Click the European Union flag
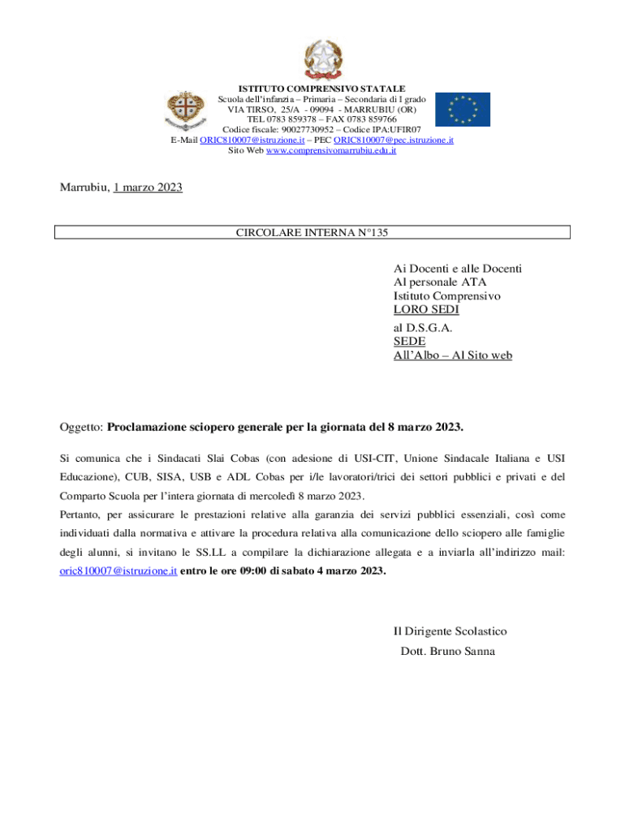click(462, 110)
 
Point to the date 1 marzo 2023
click(148, 187)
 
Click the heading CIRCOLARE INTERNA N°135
click(312, 233)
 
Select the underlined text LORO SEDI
click(426, 310)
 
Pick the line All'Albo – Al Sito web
click(452, 355)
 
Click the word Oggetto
click(80, 426)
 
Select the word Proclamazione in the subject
click(149, 426)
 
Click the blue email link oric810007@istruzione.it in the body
click(119, 571)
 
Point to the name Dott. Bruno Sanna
click(447, 651)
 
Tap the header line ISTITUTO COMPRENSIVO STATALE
click(321, 88)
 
